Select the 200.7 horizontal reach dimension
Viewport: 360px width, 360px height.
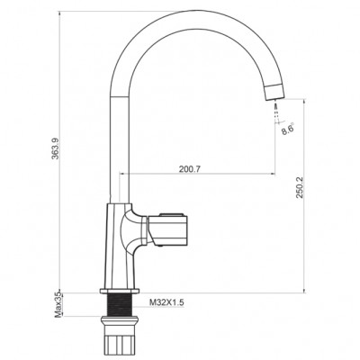190,169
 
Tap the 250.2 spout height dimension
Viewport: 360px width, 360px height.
300,187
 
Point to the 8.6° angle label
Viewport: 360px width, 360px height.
287,129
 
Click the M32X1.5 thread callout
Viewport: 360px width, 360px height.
166,302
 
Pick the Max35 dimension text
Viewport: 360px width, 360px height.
58,305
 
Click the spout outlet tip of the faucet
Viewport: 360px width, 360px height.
275,93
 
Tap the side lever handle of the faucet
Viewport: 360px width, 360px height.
167,229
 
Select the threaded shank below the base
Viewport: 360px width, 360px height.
120,304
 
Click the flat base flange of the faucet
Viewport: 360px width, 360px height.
120,291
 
